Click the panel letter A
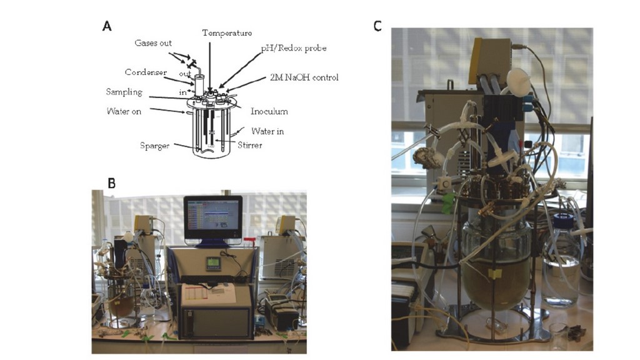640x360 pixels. [107, 26]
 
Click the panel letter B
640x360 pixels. [111, 183]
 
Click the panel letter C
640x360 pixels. [377, 26]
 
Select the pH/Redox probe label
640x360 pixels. [293, 48]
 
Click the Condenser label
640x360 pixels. [144, 72]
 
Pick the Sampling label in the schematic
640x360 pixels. [124, 92]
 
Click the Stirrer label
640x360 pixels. [250, 145]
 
